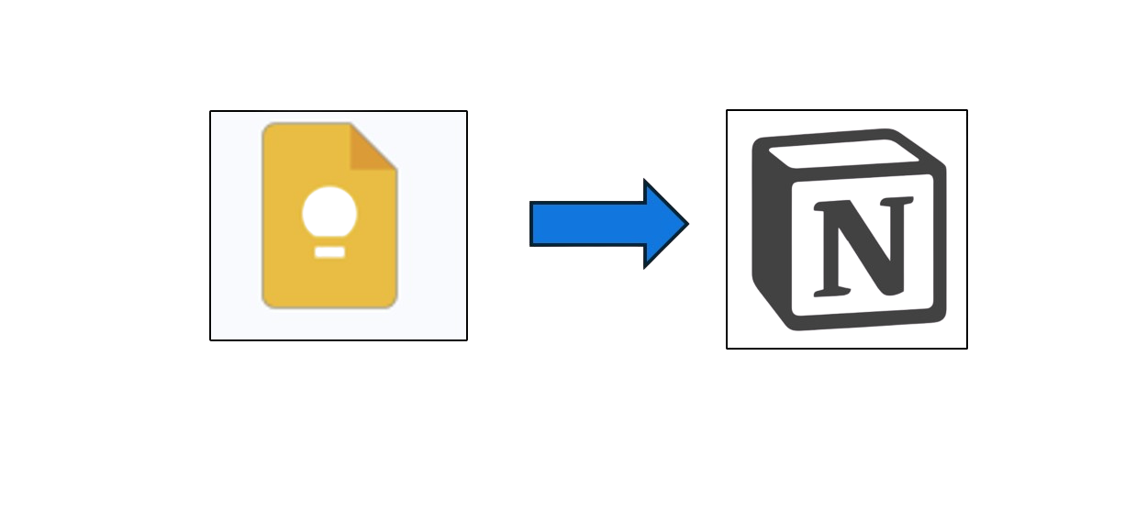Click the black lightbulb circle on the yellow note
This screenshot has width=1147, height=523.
pos(328,212)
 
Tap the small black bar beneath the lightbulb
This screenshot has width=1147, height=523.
pos(329,250)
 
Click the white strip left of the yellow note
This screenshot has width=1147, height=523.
pos(235,225)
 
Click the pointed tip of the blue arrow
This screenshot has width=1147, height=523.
pos(687,224)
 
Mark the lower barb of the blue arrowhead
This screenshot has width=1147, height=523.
pos(648,263)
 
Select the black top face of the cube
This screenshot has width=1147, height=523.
pos(844,152)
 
